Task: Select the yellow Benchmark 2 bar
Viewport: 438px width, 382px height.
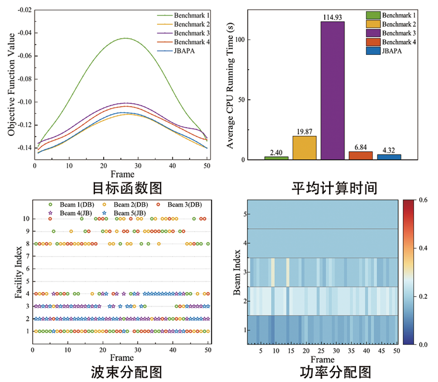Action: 305,148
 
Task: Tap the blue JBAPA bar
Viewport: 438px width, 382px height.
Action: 389,157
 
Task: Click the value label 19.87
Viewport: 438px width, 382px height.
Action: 305,132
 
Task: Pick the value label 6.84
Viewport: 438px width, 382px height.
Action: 361,148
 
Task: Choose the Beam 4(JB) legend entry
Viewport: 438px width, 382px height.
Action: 70,213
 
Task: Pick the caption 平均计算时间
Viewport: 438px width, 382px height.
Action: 334,188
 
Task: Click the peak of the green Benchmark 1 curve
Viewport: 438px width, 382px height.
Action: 125,38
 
